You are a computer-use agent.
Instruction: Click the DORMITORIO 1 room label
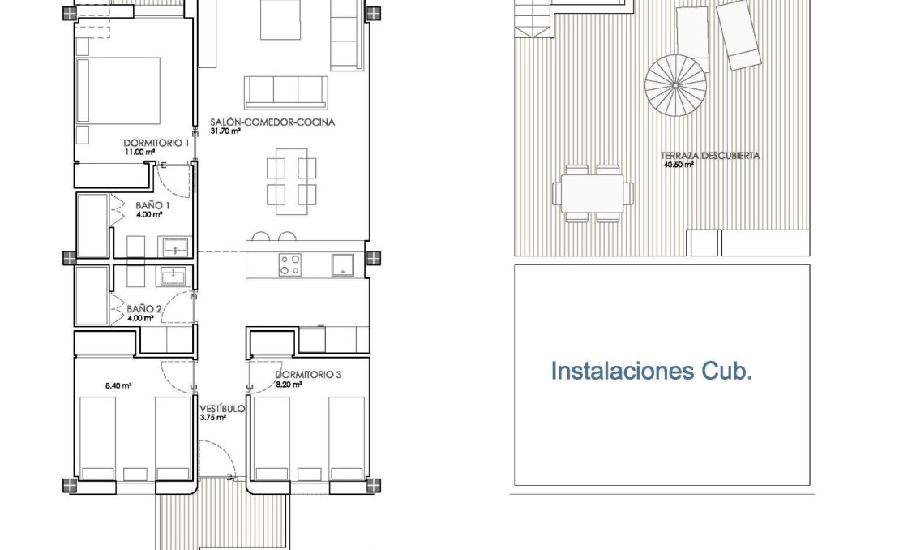[156, 143]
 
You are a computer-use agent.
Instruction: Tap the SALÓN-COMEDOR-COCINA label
[272, 122]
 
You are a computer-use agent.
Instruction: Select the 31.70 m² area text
[226, 131]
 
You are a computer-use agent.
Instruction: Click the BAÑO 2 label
[145, 309]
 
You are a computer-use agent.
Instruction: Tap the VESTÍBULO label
[222, 409]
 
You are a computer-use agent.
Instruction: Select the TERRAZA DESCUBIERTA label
[710, 156]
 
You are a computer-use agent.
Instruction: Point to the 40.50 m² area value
[679, 165]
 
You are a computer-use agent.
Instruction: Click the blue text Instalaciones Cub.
[652, 372]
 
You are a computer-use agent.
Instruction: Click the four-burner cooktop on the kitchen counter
[290, 264]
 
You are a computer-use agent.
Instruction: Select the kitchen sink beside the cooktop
[342, 263]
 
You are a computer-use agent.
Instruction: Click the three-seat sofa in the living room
[286, 92]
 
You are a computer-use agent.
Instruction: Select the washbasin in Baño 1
[176, 247]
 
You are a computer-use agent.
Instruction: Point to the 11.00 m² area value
[138, 152]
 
